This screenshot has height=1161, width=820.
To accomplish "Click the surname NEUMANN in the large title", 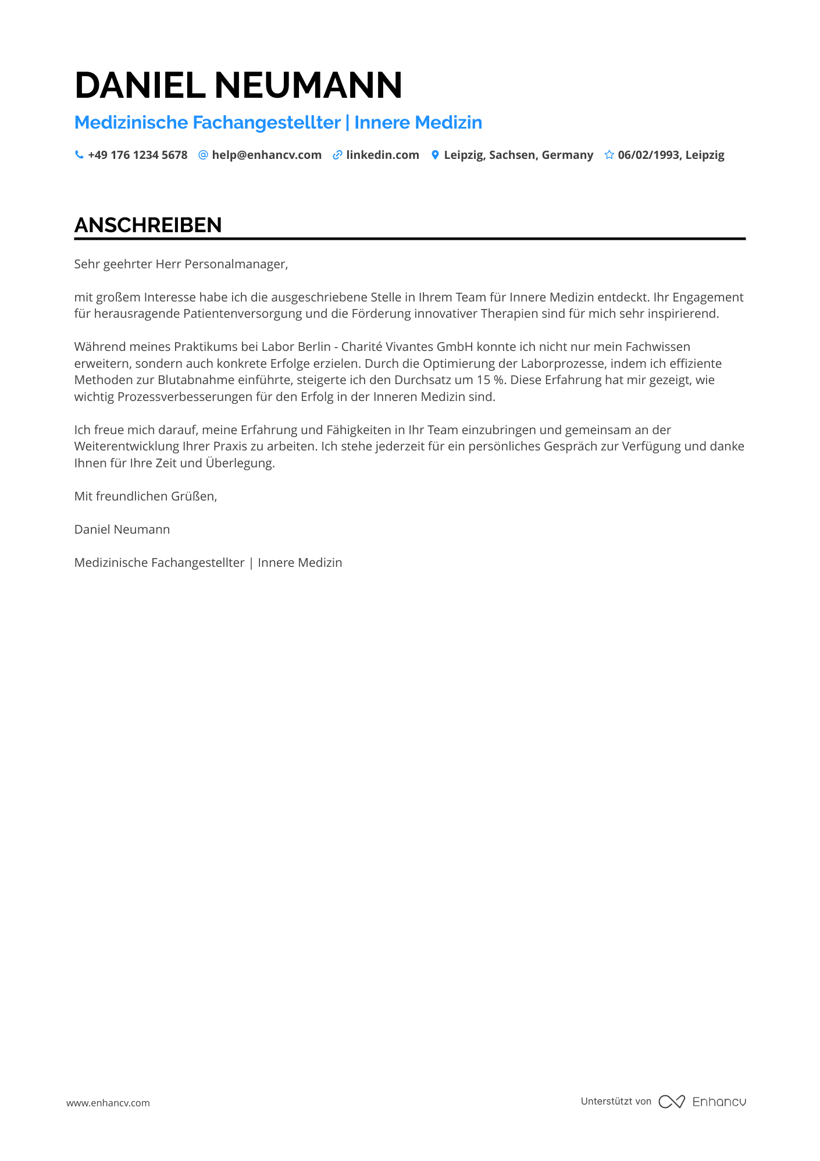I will pos(308,85).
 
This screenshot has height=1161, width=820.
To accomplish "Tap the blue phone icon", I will pos(79,155).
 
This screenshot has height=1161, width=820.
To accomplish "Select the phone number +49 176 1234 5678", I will pos(137,155).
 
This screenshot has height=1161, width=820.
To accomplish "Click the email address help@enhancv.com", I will pos(266,155).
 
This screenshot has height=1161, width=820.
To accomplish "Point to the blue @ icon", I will pos(203,155).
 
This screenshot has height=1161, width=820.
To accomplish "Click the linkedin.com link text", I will pos(382,155).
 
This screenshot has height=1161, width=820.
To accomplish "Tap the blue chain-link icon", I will pos(337,155).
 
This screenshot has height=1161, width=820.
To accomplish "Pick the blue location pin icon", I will pos(435,155).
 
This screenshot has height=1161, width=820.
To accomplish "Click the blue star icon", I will pos(609,155).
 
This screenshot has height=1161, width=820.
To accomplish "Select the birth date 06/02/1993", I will pos(648,155).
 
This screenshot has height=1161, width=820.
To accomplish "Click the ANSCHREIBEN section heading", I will pos(148,225).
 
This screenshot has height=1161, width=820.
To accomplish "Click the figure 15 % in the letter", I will pos(491,380).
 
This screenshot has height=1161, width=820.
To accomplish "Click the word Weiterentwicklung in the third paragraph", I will pos(126,446).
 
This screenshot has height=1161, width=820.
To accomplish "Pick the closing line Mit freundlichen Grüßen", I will pos(145,496).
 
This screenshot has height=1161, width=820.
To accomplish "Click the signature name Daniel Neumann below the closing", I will pos(122,530).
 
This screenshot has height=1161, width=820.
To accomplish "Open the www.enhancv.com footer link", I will pos(108,1103).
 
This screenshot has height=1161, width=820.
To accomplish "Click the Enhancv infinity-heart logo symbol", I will pos(672,1102).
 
